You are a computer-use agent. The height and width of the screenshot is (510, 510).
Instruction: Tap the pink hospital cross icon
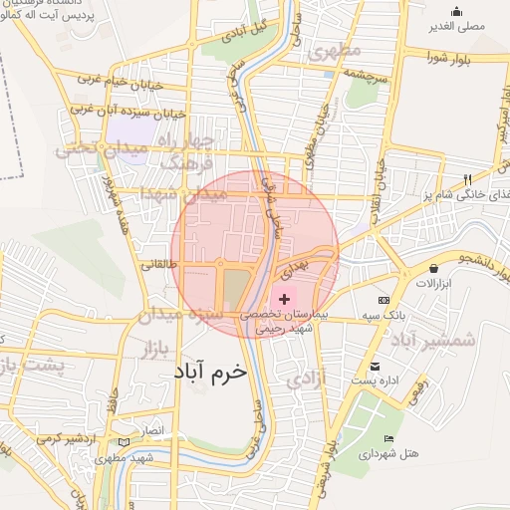(285, 299)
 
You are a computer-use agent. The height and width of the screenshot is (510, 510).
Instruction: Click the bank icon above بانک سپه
(383, 300)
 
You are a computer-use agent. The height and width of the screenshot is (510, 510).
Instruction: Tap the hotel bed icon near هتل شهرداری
(388, 439)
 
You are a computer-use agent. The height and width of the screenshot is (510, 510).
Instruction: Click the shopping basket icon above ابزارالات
(434, 268)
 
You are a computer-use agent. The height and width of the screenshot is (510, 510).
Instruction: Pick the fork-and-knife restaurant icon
(466, 179)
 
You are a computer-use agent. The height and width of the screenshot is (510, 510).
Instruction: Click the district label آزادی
(300, 380)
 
